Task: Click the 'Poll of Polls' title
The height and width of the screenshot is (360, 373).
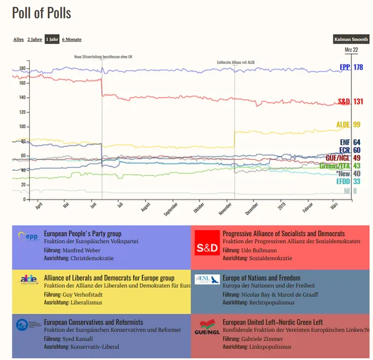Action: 42,13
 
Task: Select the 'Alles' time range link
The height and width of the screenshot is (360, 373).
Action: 19,39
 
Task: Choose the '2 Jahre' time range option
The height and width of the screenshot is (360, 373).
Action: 34,39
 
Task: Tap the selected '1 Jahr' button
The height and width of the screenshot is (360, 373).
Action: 52,39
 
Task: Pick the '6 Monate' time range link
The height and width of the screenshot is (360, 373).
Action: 71,39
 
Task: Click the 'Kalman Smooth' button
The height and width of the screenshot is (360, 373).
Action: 351,39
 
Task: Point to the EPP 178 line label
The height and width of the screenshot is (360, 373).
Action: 351,67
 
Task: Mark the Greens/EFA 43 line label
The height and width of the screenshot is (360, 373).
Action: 339,166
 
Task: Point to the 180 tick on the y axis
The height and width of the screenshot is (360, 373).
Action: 22,69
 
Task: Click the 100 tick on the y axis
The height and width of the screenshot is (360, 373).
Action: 22,127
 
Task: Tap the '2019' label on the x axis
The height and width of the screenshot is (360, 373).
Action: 282,206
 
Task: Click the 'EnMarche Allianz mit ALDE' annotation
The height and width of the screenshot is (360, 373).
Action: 236,62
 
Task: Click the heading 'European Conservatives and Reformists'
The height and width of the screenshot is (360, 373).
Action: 93,322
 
